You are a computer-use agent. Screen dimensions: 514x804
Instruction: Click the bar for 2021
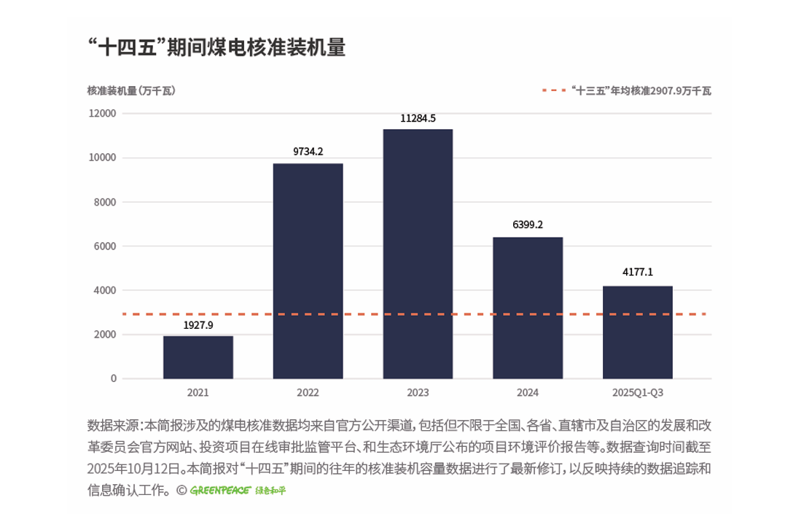click(198, 357)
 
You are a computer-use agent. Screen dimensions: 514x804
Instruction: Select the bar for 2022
click(308, 270)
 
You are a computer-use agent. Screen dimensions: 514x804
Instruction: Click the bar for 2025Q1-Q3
click(638, 332)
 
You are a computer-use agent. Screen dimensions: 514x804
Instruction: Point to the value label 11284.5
click(418, 118)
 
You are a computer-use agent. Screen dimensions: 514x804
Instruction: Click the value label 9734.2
click(308, 152)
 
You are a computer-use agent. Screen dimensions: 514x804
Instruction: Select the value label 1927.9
click(198, 325)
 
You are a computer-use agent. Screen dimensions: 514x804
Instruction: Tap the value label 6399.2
click(528, 225)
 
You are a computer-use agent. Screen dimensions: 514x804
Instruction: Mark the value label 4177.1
click(638, 273)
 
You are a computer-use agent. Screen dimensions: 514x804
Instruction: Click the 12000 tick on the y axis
click(103, 114)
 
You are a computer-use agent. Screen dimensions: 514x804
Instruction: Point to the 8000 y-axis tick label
click(105, 202)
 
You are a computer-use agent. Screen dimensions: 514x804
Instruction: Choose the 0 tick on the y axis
click(113, 378)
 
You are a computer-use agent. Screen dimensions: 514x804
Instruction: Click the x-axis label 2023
click(418, 392)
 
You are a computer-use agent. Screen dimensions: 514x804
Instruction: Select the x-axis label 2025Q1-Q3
click(638, 392)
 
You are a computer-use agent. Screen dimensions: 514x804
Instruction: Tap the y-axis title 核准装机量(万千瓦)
click(131, 91)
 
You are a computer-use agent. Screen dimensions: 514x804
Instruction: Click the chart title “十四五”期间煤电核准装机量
click(216, 48)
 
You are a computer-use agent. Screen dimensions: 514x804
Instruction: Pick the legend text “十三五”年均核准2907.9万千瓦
click(641, 91)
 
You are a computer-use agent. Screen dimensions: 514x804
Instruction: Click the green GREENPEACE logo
click(221, 490)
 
